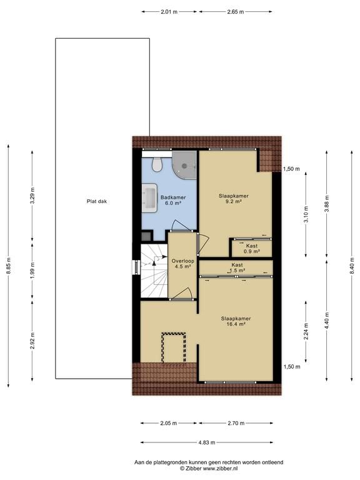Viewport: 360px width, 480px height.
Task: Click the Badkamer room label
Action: click(x=173, y=197)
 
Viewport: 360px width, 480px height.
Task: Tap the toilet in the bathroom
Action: click(x=157, y=165)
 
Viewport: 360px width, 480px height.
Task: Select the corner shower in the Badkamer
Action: click(x=184, y=165)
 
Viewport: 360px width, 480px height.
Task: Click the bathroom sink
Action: click(x=149, y=198)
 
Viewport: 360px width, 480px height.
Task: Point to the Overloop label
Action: click(x=182, y=261)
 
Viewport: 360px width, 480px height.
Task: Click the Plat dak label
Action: click(x=97, y=201)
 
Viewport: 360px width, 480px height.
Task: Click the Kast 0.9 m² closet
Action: click(x=252, y=249)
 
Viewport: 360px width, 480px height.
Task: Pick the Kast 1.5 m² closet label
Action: click(x=237, y=267)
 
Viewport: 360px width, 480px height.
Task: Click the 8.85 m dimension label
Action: click(x=8, y=266)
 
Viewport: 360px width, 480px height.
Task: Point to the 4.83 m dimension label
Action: click(x=207, y=442)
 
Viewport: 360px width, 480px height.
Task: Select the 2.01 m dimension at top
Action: click(x=169, y=12)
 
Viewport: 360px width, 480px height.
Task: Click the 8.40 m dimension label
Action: click(x=351, y=266)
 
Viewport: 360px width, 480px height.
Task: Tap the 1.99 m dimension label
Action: click(x=32, y=270)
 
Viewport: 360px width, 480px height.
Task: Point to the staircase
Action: click(x=154, y=271)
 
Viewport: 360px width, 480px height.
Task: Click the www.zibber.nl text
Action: click(x=221, y=468)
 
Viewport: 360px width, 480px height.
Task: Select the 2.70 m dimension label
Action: click(x=236, y=423)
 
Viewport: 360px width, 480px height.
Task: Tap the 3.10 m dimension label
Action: click(x=306, y=214)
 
